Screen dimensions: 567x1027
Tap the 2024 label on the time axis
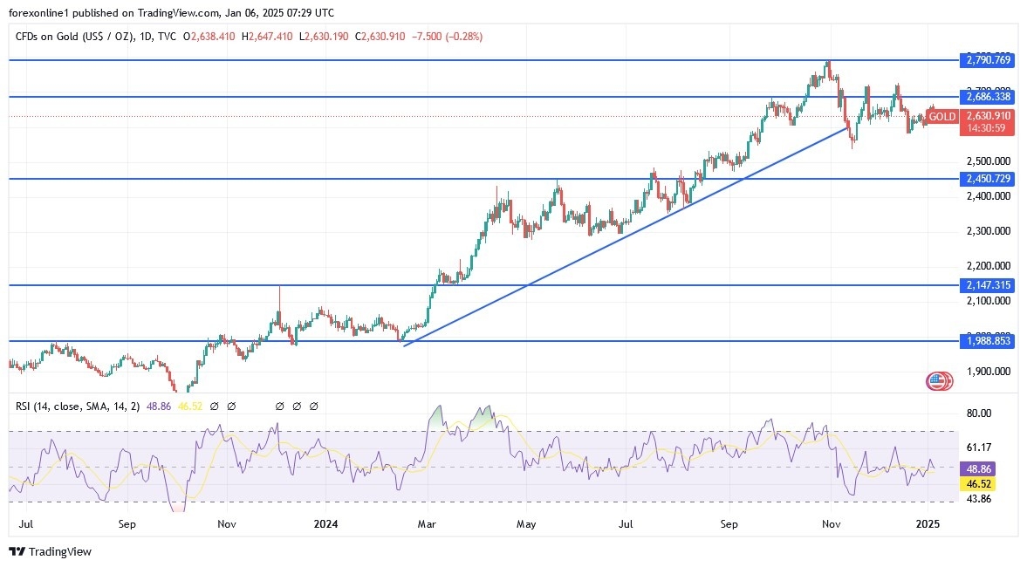point(325,524)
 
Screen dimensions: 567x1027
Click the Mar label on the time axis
point(427,524)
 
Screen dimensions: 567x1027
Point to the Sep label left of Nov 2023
point(127,524)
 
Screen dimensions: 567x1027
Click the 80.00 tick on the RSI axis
point(981,413)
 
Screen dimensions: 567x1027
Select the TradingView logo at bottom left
point(50,551)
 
